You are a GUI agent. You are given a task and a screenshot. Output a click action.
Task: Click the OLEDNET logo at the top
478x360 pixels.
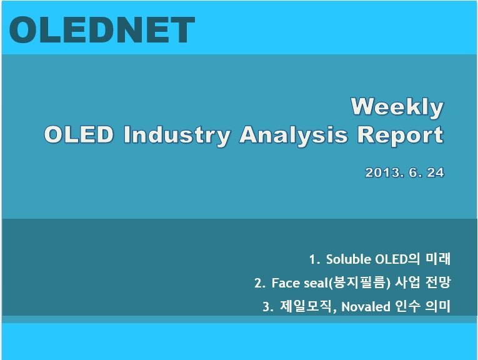point(102,30)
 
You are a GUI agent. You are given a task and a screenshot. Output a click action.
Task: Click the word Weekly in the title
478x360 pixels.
point(397,107)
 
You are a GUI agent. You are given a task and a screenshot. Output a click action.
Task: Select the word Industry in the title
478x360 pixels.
point(177,135)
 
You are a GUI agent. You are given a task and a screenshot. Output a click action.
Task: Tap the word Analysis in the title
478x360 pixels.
point(293,135)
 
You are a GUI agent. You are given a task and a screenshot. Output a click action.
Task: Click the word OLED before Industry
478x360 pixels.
point(79,134)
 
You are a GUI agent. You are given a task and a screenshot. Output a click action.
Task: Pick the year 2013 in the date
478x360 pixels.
point(383,173)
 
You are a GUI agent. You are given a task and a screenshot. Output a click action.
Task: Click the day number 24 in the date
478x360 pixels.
point(436,173)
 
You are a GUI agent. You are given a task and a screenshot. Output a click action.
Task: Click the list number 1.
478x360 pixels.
point(314,260)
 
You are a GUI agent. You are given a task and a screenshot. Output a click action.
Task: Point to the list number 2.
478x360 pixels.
point(260,283)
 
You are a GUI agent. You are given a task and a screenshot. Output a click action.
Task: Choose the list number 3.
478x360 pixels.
point(268,307)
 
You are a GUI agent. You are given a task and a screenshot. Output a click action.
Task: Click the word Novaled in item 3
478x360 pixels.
point(366,307)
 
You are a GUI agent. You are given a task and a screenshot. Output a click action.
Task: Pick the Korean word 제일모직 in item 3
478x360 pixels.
point(306,306)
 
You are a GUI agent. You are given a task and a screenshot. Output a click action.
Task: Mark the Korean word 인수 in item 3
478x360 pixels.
point(407,306)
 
